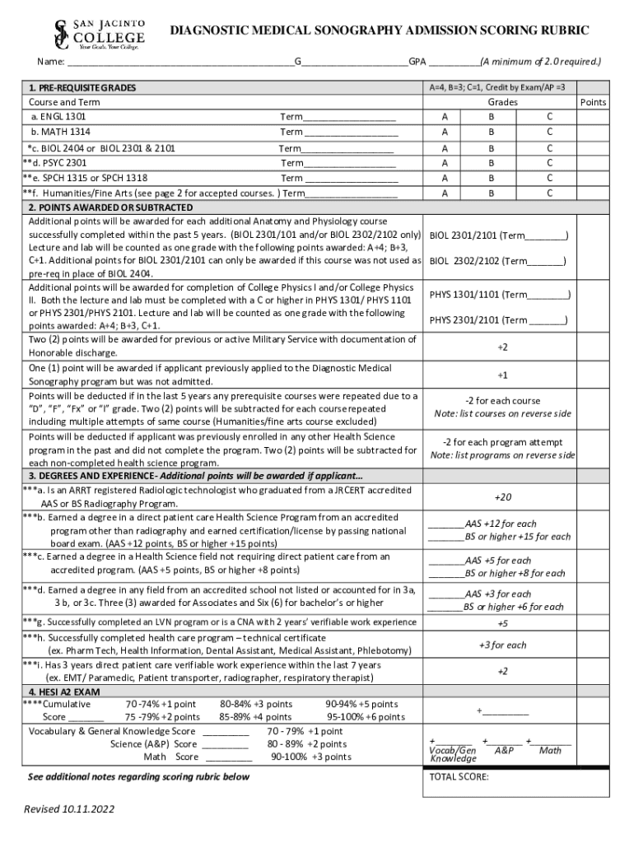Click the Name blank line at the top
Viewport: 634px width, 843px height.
click(x=180, y=62)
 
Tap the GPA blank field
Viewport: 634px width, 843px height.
click(x=454, y=62)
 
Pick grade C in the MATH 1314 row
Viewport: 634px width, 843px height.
click(x=549, y=132)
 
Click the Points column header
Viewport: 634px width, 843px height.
click(x=593, y=102)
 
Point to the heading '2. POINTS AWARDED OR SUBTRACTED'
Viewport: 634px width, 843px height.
click(x=110, y=207)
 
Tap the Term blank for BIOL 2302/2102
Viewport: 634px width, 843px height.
click(x=543, y=262)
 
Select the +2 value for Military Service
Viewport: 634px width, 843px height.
click(x=502, y=347)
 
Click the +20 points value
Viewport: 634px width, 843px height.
click(x=502, y=497)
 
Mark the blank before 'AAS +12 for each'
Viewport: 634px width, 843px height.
click(x=445, y=524)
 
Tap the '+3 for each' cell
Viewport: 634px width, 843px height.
click(x=502, y=645)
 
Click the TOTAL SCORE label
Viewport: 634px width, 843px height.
click(x=459, y=776)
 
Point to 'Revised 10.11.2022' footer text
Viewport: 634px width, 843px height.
click(x=69, y=809)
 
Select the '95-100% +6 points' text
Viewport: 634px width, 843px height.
click(x=366, y=717)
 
